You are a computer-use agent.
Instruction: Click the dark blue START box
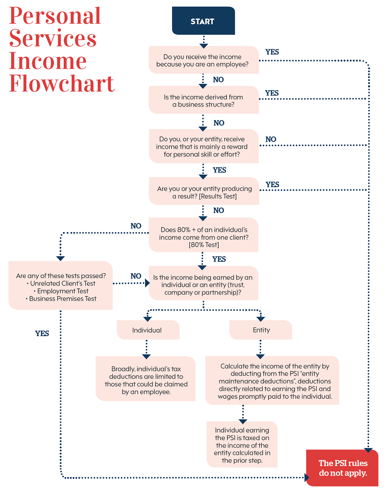click(x=203, y=21)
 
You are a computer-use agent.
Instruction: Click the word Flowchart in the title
click(x=62, y=83)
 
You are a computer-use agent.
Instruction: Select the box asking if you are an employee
click(x=204, y=60)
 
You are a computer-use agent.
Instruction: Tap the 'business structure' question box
click(x=204, y=99)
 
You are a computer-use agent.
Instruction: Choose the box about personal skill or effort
click(x=204, y=146)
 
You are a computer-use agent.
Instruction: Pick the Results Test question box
click(x=204, y=191)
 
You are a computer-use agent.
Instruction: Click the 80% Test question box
click(x=203, y=235)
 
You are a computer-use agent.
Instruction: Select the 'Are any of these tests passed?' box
click(x=61, y=285)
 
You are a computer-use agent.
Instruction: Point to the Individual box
click(x=148, y=330)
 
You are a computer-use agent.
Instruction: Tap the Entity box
click(x=261, y=330)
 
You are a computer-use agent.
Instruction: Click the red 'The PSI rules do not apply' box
click(x=342, y=468)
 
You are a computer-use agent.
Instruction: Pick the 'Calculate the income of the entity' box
click(x=272, y=380)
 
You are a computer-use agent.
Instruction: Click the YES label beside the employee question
click(x=272, y=52)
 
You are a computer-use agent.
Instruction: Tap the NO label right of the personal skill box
click(x=271, y=139)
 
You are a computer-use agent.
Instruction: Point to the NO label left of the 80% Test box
click(x=136, y=226)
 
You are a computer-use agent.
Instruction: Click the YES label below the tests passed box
click(x=42, y=333)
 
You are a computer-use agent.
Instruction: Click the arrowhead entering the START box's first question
click(x=204, y=46)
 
